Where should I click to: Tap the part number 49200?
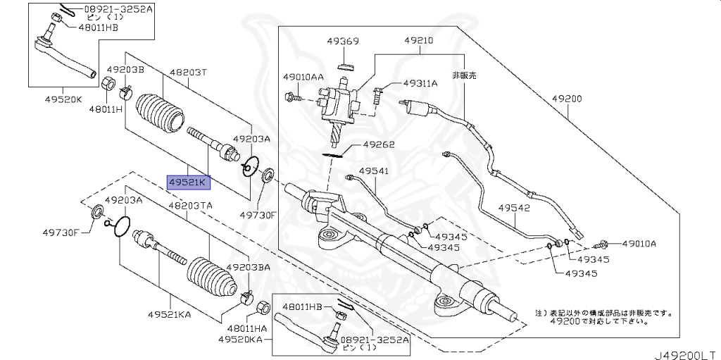tap(567, 99)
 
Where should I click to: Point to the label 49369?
tap(343, 42)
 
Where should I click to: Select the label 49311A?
tap(420, 83)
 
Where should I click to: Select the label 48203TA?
tap(189, 205)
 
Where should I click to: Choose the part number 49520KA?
tap(239, 339)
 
